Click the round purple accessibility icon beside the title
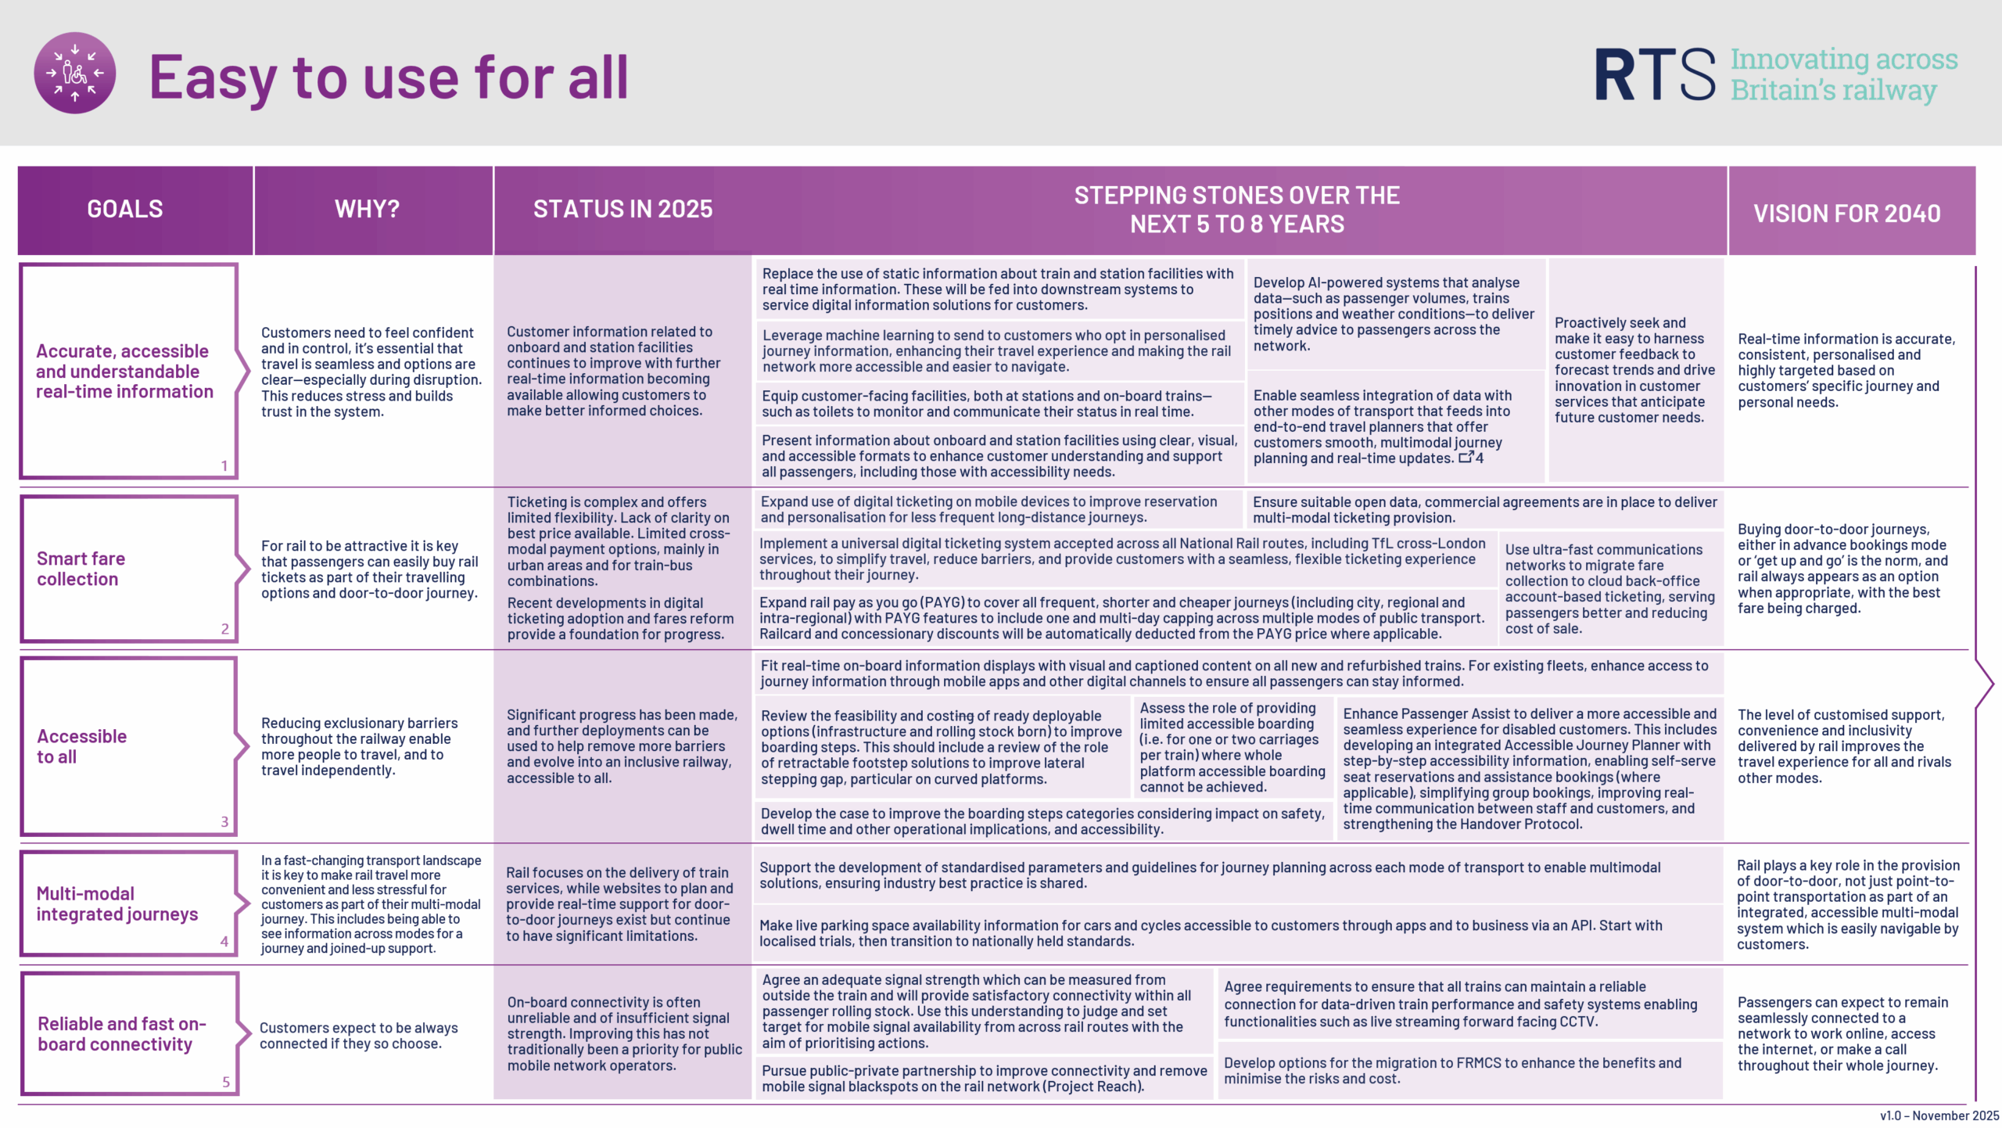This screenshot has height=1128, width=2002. click(75, 73)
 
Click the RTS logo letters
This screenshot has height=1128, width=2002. click(1655, 75)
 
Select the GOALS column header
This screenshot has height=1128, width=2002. click(125, 210)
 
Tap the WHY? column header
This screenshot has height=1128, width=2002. click(367, 210)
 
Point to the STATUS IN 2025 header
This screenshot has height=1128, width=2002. click(622, 210)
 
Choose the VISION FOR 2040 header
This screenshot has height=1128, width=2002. click(1846, 214)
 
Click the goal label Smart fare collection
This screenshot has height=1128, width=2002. click(81, 569)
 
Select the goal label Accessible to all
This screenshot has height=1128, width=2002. click(81, 746)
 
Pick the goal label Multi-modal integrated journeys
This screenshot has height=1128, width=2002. click(117, 903)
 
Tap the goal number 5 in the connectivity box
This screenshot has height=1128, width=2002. click(226, 1082)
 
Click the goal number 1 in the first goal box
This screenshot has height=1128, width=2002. click(224, 466)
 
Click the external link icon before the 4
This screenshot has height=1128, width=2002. click(1466, 457)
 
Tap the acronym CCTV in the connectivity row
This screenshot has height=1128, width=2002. click(1577, 1022)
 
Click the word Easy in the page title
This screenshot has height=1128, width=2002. click(211, 78)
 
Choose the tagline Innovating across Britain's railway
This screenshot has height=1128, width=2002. click(1843, 75)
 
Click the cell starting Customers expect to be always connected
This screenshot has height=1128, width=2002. click(358, 1036)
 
